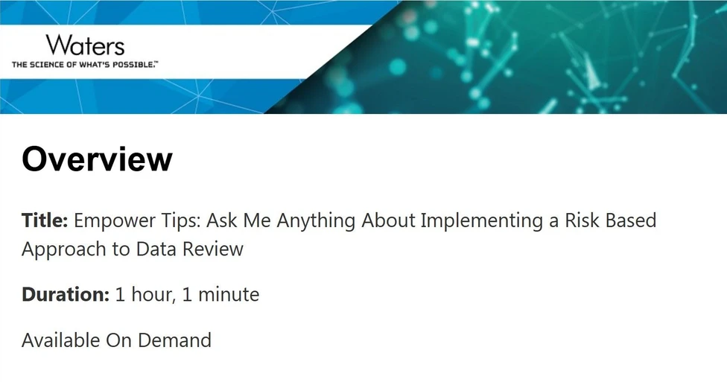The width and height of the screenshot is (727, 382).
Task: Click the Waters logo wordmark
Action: [x=85, y=45]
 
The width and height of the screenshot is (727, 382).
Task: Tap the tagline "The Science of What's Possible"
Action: [x=85, y=65]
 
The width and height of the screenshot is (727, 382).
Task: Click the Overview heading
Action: [x=97, y=159]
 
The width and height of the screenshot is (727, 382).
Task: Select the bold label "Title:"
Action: [x=45, y=221]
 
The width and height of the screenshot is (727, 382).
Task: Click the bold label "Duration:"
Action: [x=66, y=295]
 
